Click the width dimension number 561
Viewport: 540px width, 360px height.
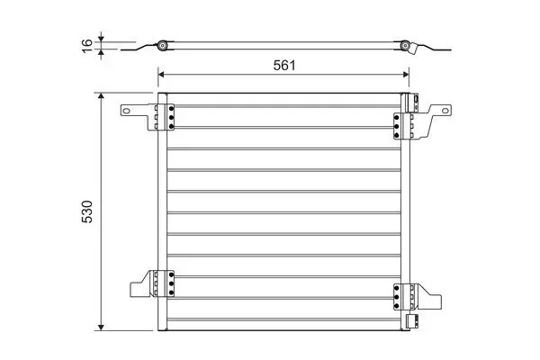point(285,65)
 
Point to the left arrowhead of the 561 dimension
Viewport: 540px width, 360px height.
point(162,75)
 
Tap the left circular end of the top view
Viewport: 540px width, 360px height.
point(162,45)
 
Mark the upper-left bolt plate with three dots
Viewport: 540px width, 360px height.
point(166,116)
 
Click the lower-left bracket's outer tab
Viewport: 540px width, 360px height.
point(135,289)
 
